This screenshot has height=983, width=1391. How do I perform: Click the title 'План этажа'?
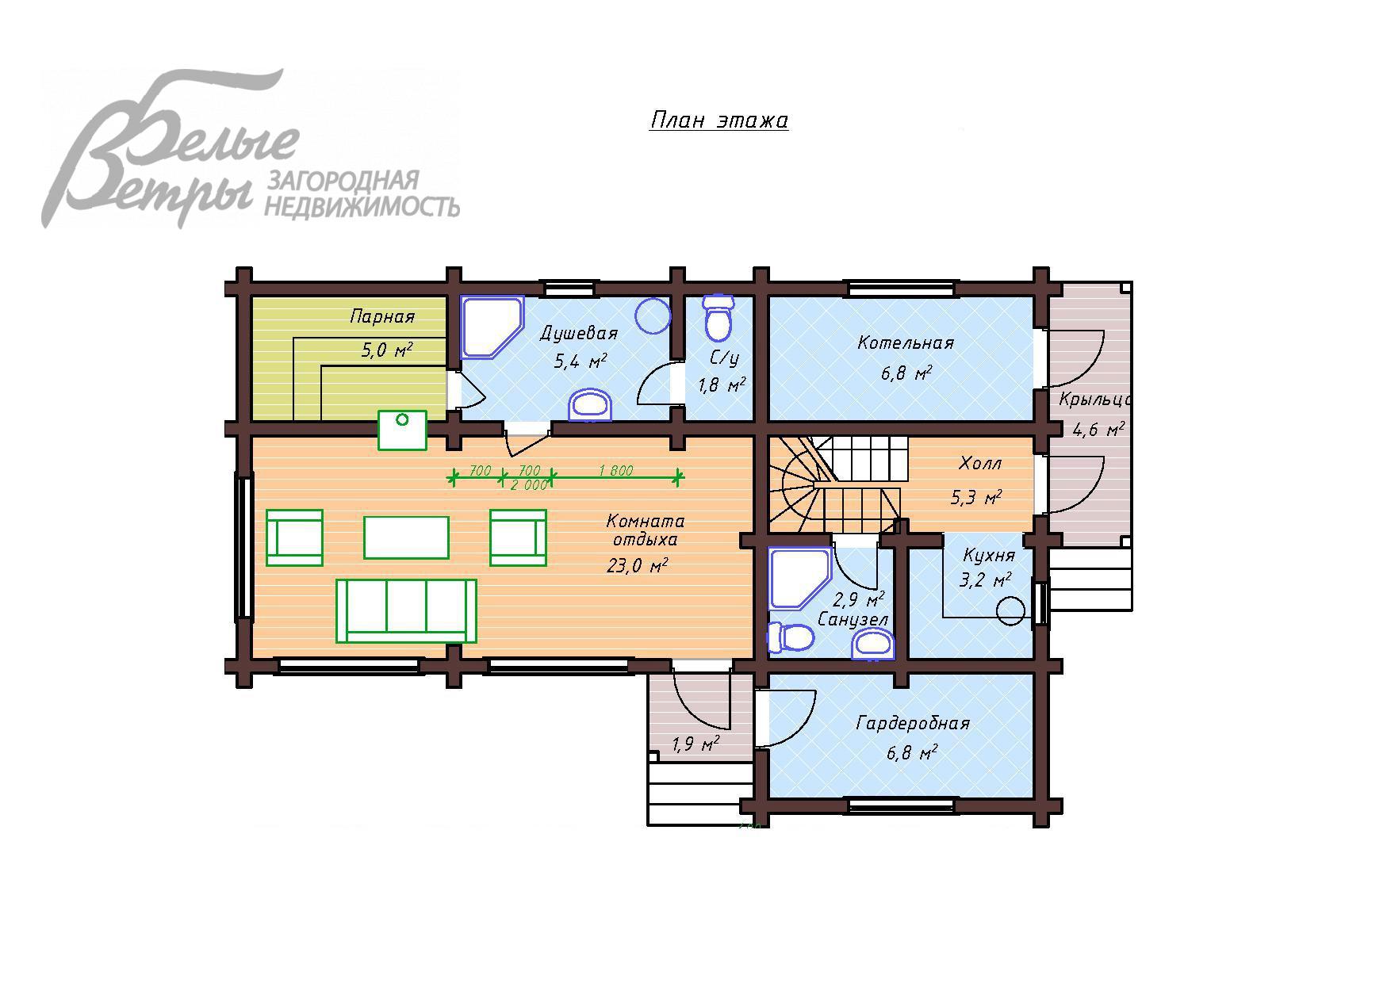click(718, 120)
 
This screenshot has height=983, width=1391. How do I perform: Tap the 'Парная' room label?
click(382, 317)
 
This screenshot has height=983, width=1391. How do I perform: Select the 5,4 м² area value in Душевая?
click(581, 361)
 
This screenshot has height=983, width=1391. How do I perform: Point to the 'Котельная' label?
click(905, 343)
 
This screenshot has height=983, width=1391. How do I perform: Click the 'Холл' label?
click(980, 463)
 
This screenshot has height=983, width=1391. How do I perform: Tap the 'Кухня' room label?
click(988, 555)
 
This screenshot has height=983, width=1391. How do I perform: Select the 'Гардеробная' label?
click(913, 724)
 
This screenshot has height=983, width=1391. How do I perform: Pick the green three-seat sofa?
click(406, 610)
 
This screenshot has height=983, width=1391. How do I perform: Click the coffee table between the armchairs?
click(406, 537)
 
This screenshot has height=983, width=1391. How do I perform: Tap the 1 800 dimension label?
click(615, 471)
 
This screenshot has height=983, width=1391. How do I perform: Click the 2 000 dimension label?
click(528, 485)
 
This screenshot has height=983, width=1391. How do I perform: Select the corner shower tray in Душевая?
click(489, 325)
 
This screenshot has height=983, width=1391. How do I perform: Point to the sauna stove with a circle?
click(402, 430)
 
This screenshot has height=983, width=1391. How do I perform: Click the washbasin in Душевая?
click(591, 405)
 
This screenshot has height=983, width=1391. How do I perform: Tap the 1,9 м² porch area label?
click(695, 744)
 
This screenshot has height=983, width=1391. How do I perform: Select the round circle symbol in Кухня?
click(1011, 610)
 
